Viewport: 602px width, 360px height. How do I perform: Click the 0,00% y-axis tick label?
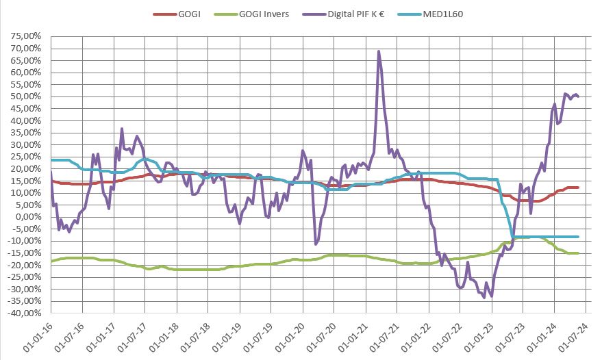point(27,217)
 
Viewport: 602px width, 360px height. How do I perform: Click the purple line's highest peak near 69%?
point(378,51)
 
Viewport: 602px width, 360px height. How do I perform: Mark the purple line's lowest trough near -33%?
point(491,296)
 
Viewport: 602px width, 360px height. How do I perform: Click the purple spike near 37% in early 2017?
point(122,129)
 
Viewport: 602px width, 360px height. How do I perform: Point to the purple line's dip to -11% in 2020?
point(316,244)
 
